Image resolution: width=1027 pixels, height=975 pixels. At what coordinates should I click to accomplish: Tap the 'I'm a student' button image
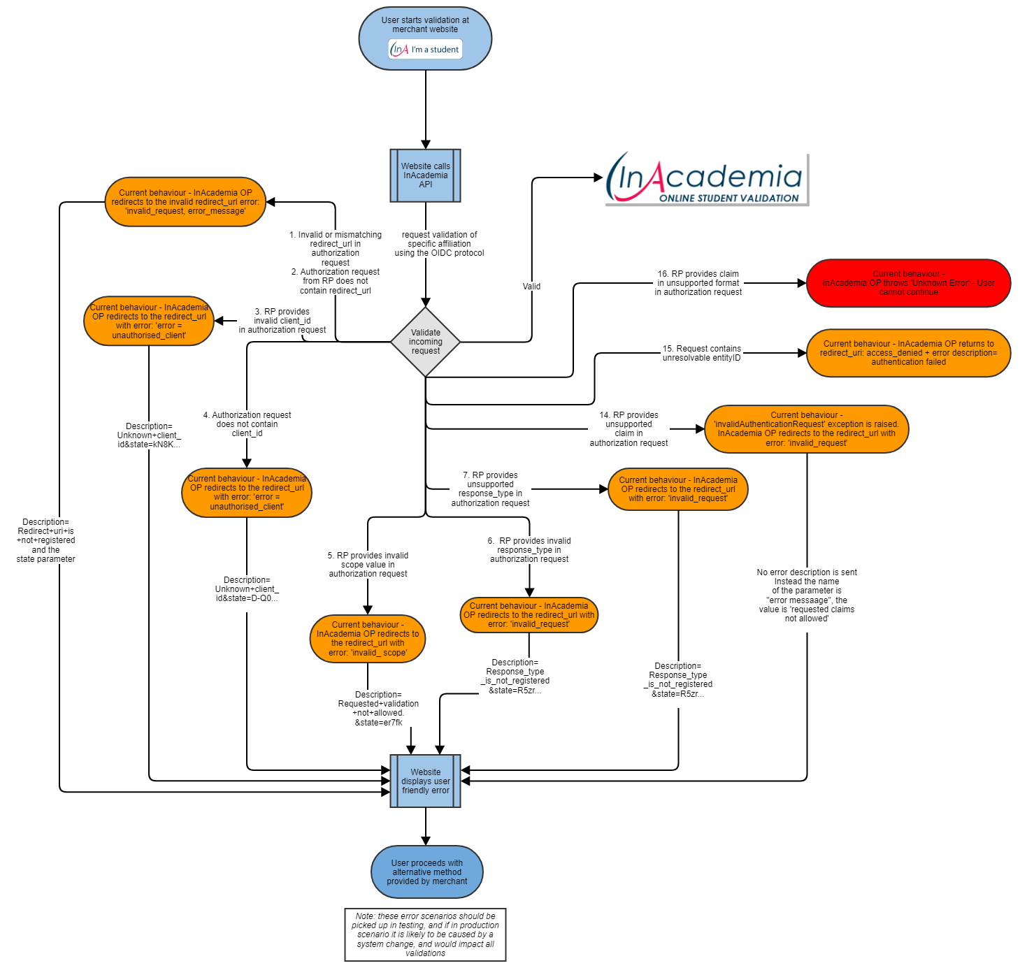pyautogui.click(x=426, y=50)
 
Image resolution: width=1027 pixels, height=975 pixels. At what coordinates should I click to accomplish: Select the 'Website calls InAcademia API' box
pyautogui.click(x=425, y=175)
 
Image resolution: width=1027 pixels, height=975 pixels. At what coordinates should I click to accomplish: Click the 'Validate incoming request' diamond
pyautogui.click(x=425, y=342)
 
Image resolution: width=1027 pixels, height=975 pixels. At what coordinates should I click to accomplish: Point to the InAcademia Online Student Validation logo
pyautogui.click(x=706, y=179)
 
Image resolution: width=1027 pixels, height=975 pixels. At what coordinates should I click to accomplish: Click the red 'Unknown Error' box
pyautogui.click(x=908, y=283)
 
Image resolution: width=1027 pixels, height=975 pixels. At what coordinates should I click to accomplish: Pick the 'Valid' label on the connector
pyautogui.click(x=531, y=287)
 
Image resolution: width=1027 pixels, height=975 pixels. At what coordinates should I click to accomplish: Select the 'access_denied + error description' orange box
pyautogui.click(x=908, y=353)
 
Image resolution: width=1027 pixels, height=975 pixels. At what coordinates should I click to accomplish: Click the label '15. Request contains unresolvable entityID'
pyautogui.click(x=701, y=353)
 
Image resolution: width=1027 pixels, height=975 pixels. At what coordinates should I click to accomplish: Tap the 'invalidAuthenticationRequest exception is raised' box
pyautogui.click(x=806, y=429)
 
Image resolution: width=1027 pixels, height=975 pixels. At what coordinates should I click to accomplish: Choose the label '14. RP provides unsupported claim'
pyautogui.click(x=629, y=429)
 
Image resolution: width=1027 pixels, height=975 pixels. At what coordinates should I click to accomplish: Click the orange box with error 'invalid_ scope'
pyautogui.click(x=368, y=639)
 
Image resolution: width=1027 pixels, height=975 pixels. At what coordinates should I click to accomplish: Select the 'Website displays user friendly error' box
pyautogui.click(x=425, y=781)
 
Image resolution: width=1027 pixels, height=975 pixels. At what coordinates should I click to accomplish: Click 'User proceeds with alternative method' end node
pyautogui.click(x=426, y=872)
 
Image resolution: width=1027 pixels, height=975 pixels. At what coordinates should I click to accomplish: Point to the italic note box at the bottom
pyautogui.click(x=425, y=934)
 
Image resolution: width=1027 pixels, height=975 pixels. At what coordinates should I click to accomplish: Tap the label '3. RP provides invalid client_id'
pyautogui.click(x=282, y=321)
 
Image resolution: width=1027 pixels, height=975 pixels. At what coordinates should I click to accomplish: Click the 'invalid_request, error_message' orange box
pyautogui.click(x=185, y=202)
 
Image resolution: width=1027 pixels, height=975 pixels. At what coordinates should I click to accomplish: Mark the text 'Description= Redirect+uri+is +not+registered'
pyautogui.click(x=45, y=540)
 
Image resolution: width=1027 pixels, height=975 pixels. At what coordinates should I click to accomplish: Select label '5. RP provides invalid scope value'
pyautogui.click(x=368, y=565)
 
